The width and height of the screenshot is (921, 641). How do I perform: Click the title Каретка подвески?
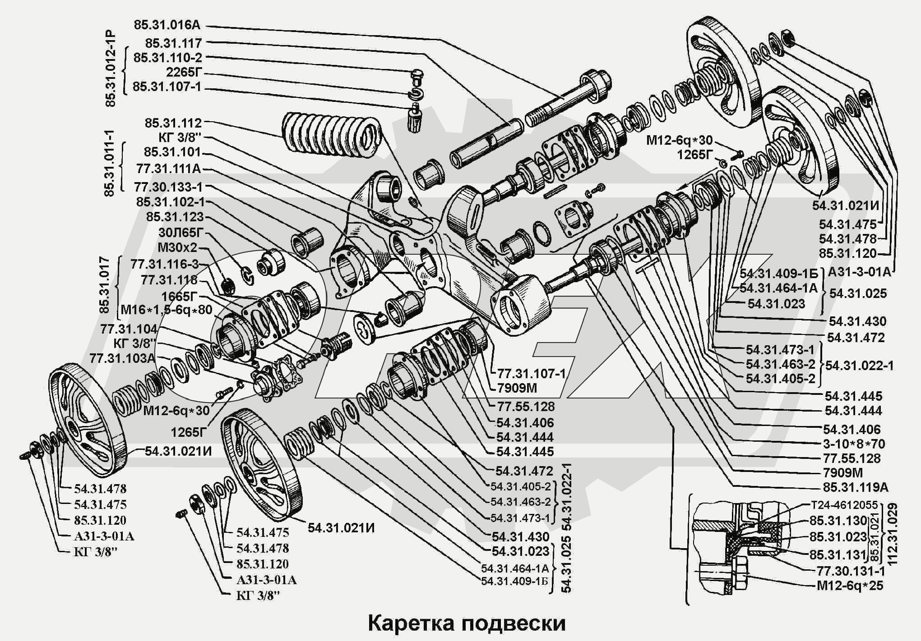tap(467, 623)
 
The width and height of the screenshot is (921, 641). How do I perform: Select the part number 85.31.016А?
tap(167, 25)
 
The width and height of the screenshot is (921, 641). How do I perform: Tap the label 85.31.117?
tap(173, 43)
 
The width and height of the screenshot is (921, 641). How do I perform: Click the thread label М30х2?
tap(177, 247)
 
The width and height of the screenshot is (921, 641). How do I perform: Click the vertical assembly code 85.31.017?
tap(104, 285)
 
